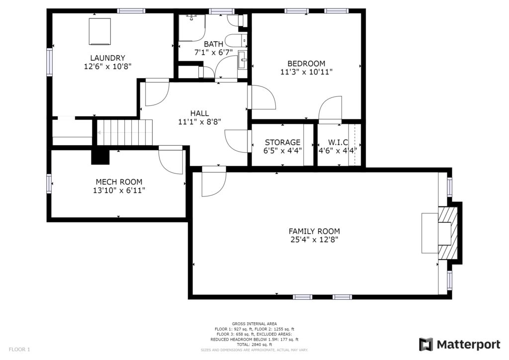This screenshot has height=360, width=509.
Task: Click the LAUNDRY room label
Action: [107, 58]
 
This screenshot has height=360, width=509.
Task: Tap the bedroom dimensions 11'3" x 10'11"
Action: [306, 72]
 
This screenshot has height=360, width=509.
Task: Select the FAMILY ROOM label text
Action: [314, 231]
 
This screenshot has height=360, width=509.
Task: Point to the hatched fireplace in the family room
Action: [448, 233]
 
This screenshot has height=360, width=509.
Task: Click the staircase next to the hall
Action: [125, 132]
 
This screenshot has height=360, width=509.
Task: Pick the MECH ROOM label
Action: [119, 182]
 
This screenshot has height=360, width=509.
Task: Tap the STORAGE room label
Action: [282, 143]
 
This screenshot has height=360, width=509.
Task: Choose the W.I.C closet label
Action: [338, 143]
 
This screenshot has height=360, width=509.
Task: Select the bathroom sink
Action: [243, 59]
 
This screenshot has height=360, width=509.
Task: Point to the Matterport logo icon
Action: [426, 345]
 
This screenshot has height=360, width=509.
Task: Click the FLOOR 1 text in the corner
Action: [19, 350]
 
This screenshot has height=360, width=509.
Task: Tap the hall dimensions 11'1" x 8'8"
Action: [200, 122]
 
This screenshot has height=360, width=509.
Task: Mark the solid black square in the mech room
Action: [100, 157]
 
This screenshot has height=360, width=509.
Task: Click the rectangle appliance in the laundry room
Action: [99, 31]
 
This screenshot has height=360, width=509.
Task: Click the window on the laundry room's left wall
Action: [49, 62]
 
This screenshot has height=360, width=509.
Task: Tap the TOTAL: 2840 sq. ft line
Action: [254, 345]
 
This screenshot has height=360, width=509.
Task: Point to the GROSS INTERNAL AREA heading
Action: [254, 324]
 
